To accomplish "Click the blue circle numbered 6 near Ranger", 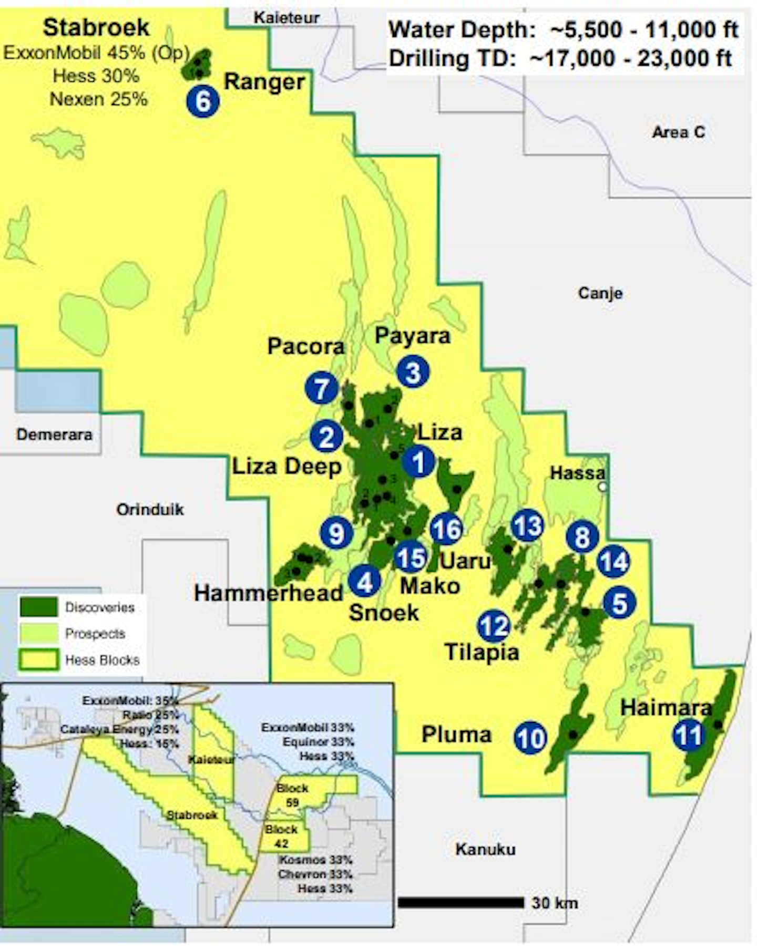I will (x=203, y=101).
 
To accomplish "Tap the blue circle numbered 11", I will (x=688, y=735).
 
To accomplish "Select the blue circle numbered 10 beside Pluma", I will (x=530, y=738).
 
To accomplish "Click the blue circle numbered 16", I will (x=446, y=529).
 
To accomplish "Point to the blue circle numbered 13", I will (x=527, y=525).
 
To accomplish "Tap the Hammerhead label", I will (x=268, y=594).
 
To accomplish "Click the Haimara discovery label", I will (x=666, y=708).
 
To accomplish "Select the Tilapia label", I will (x=482, y=652).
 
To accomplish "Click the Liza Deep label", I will (x=287, y=466).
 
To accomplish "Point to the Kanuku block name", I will (x=485, y=849).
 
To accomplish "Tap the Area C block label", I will (x=678, y=132).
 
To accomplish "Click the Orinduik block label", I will (x=150, y=509).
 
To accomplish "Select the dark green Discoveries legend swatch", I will (x=39, y=607).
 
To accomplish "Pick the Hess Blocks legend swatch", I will (x=39, y=659).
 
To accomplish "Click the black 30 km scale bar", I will (x=461, y=903).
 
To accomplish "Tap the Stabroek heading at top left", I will (x=96, y=28).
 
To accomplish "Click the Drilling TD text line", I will (x=560, y=58).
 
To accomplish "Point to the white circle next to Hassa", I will (x=602, y=487).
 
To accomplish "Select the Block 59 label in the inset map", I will (x=292, y=795).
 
